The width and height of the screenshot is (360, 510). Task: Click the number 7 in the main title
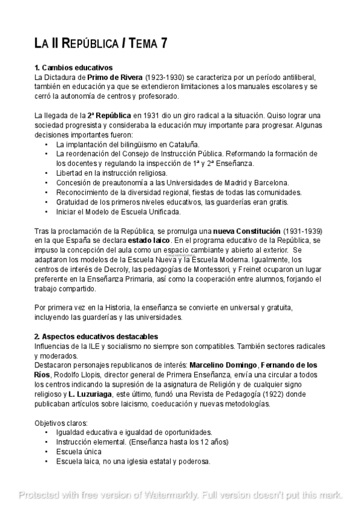click(163, 43)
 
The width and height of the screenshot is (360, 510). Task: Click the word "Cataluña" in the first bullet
click(182, 144)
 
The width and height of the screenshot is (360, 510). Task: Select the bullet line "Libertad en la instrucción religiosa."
click(112, 173)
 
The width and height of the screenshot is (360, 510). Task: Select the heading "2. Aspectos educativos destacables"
click(96, 336)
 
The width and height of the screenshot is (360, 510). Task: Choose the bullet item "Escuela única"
click(79, 451)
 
